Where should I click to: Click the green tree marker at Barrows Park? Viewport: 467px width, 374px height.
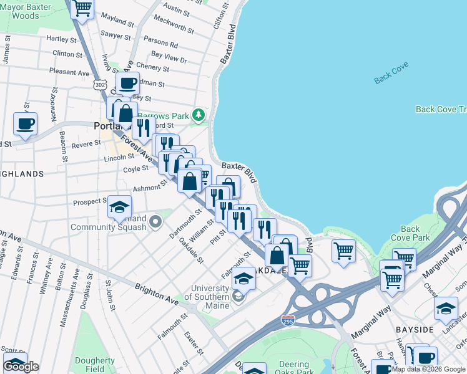(199, 115)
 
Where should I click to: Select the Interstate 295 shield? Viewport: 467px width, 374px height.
(288, 320)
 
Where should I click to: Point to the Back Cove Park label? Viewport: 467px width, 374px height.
(410, 233)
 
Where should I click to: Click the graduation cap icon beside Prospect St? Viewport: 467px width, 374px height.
(119, 207)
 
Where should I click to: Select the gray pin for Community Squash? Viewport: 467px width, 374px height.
(155, 221)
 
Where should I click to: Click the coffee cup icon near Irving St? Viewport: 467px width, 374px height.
(127, 83)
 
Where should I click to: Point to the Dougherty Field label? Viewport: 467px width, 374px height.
(94, 365)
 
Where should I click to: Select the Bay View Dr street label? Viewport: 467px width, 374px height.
(169, 57)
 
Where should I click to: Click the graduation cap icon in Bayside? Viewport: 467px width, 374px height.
(446, 309)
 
